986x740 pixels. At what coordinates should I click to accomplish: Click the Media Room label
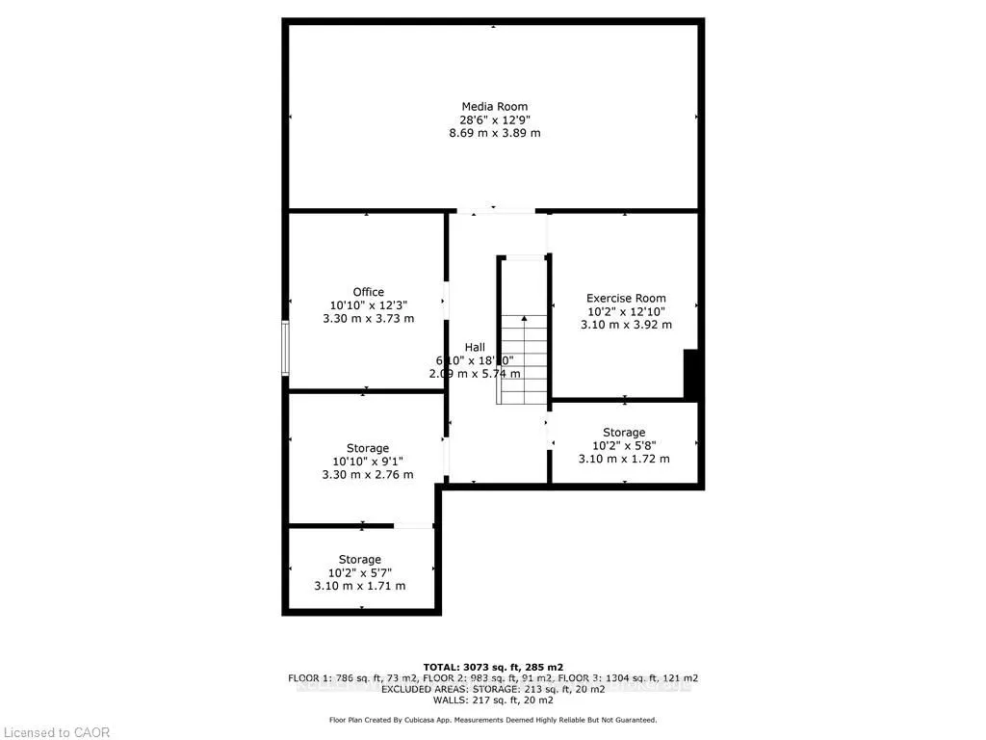tap(494, 106)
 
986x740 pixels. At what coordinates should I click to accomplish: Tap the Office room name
tap(368, 292)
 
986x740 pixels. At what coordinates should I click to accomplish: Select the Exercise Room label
tap(626, 298)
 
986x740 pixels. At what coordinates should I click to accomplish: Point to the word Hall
tap(475, 347)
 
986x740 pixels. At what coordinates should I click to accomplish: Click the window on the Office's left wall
tap(285, 348)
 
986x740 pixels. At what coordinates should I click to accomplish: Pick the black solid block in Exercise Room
tap(690, 374)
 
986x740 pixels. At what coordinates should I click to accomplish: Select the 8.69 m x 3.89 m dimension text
tap(494, 133)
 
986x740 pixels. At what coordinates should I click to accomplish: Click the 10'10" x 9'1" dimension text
tap(367, 462)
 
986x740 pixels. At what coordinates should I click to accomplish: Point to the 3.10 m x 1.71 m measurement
tap(359, 586)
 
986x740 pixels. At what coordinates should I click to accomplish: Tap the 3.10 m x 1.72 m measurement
tap(624, 459)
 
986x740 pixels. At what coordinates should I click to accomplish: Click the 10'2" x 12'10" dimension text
tap(626, 312)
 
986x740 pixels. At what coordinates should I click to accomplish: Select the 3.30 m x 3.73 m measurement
tap(367, 319)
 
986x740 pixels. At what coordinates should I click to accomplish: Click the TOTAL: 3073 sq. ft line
tap(493, 667)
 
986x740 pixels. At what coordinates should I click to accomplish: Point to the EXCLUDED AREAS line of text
tap(493, 689)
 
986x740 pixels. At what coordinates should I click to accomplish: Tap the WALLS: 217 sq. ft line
tap(493, 700)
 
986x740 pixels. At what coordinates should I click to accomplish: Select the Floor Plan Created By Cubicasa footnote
tap(493, 720)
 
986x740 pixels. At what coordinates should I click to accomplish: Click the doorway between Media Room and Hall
tap(494, 211)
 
